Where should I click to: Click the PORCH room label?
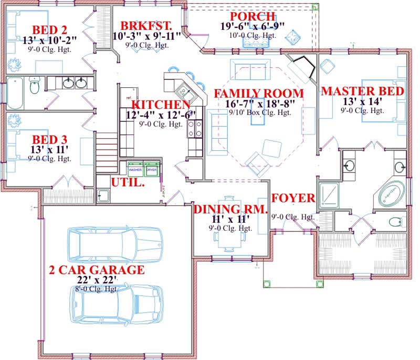[x=248, y=16]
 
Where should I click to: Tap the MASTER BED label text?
[x=362, y=91]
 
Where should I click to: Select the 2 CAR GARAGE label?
[x=96, y=270]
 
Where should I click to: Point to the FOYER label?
[x=293, y=199]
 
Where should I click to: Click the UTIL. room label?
[x=128, y=182]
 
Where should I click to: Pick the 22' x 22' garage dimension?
[x=96, y=280]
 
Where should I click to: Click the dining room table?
[x=229, y=227]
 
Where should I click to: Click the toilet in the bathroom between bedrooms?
[x=35, y=86]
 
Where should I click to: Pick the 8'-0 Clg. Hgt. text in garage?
[x=96, y=289]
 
